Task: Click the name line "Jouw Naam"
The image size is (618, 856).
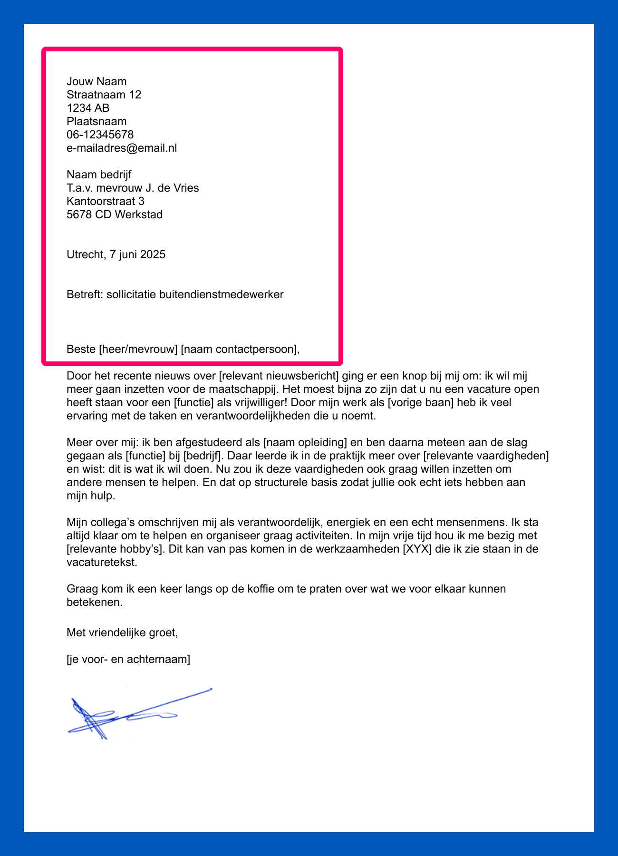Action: pos(97,81)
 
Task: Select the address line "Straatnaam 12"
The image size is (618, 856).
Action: pos(104,95)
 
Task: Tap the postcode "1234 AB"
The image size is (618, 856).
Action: pos(88,108)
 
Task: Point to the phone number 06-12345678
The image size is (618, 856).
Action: pos(100,135)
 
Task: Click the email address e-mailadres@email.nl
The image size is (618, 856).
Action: pos(122,148)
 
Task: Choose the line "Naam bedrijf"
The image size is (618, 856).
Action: pos(99,175)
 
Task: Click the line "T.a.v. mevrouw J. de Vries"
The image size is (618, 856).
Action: pos(133,188)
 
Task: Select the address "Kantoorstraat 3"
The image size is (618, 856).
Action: pos(106,201)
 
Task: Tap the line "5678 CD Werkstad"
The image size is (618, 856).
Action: pos(115,214)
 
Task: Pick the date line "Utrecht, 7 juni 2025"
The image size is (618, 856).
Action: pos(116,254)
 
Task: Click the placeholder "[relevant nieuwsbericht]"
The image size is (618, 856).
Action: pos(279,376)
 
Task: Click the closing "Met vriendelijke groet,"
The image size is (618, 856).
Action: pos(122,633)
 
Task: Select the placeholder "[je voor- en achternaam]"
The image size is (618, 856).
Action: pos(128,660)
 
